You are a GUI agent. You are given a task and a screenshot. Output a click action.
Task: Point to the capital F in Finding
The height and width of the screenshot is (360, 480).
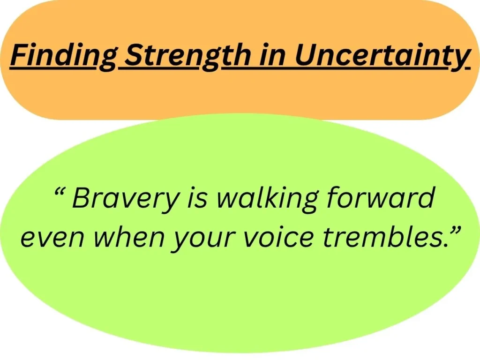pos(19,56)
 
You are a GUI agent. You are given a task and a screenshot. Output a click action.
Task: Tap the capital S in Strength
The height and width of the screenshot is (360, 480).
pos(135,56)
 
